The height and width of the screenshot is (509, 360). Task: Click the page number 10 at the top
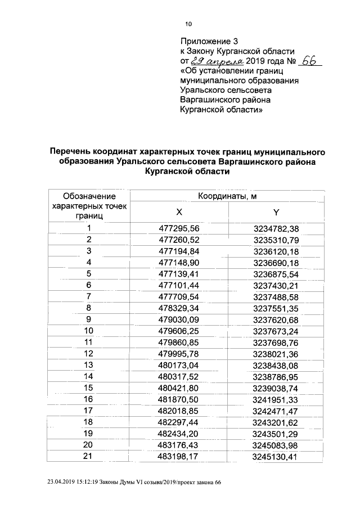coord(188,24)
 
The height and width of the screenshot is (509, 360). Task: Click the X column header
coord(179,212)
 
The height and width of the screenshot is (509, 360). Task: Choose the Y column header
coord(276,212)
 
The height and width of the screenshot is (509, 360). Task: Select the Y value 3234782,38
coord(276,228)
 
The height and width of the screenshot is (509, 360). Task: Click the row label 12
coord(88,354)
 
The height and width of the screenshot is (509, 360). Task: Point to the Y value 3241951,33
coord(276,399)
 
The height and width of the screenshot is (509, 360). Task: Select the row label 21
coord(88,456)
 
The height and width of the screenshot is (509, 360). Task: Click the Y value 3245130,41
coord(276,456)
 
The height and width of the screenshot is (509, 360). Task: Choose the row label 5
coord(88,274)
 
